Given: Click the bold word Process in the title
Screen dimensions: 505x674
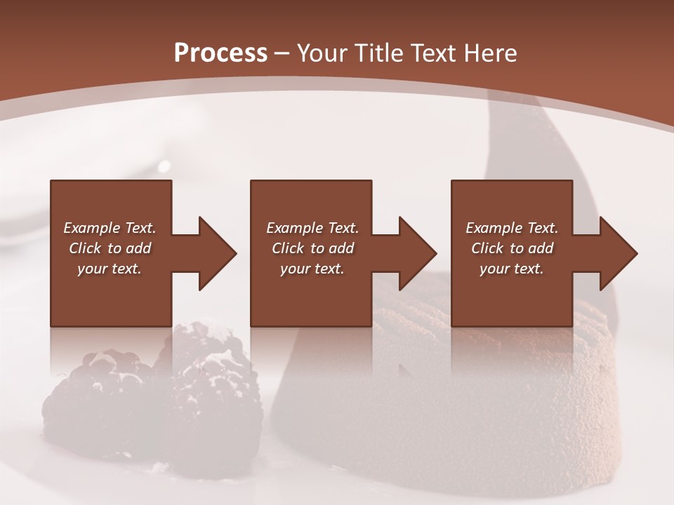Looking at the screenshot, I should (x=220, y=53).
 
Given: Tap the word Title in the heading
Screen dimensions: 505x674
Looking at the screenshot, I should (x=381, y=53).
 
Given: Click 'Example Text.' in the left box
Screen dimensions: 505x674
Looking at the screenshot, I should (x=110, y=228).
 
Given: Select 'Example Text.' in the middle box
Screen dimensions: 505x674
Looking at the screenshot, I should (x=312, y=228).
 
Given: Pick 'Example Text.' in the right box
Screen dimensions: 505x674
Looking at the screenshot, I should (x=512, y=228).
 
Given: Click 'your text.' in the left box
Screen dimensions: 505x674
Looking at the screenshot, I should (x=110, y=269).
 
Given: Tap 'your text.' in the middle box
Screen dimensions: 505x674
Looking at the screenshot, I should (x=312, y=269).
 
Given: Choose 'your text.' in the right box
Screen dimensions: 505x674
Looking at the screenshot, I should (x=512, y=269).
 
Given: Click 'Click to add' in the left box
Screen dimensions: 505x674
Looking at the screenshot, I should (x=110, y=248).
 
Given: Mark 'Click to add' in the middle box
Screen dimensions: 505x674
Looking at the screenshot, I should (x=312, y=248).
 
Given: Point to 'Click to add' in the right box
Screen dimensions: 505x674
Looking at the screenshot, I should (x=512, y=248).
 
